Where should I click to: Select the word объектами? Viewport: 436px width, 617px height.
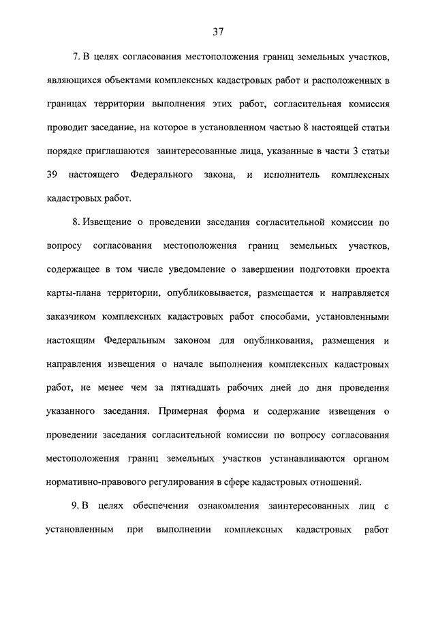(121, 81)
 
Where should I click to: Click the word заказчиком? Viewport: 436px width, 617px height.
(71, 317)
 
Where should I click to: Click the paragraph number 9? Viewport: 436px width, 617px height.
(75, 505)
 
